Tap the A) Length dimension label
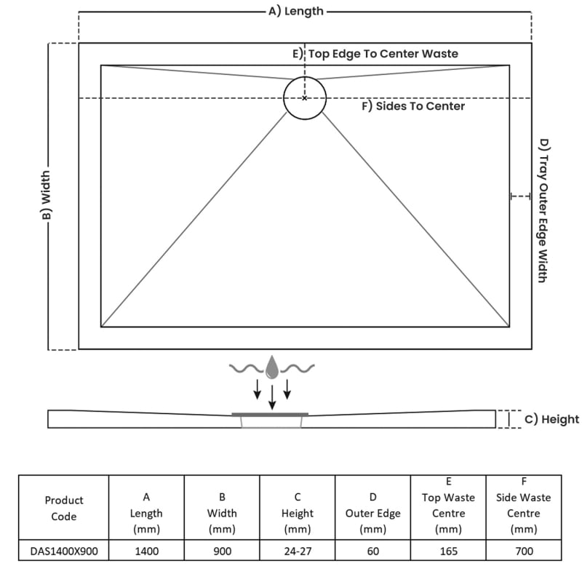pos(296,11)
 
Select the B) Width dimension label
pos(46,195)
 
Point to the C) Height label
pos(551,419)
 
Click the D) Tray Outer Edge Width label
pos(543,210)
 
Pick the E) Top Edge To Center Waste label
pos(375,54)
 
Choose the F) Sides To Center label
pos(413,106)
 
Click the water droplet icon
pos(272,367)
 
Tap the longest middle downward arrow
pos(272,397)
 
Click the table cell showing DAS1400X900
pos(64,551)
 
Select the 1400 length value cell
pos(147,551)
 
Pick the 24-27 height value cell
pos(298,551)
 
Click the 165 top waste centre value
pos(448,551)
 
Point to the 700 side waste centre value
pos(524,551)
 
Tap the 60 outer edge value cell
pos(373,551)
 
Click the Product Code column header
pos(64,508)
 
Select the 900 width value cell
pos(223,551)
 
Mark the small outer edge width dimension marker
pos(520,196)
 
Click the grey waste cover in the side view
pos(270,414)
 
